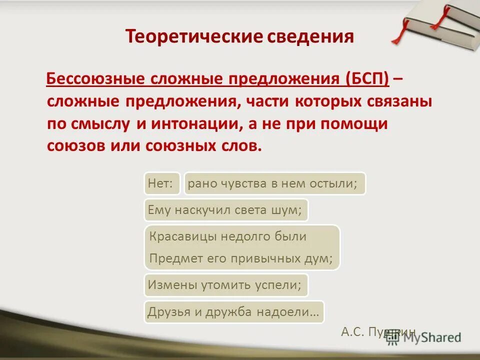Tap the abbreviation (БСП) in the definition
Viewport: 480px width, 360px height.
(x=367, y=78)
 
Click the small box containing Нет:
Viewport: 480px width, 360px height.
(x=162, y=183)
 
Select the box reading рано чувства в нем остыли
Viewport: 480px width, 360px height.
(x=274, y=183)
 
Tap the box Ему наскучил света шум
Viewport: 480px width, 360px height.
(x=225, y=210)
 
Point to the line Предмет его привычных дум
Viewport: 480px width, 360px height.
(x=241, y=259)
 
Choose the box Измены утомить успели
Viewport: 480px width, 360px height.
(x=225, y=285)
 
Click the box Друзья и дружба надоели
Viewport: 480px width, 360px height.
(x=233, y=311)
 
